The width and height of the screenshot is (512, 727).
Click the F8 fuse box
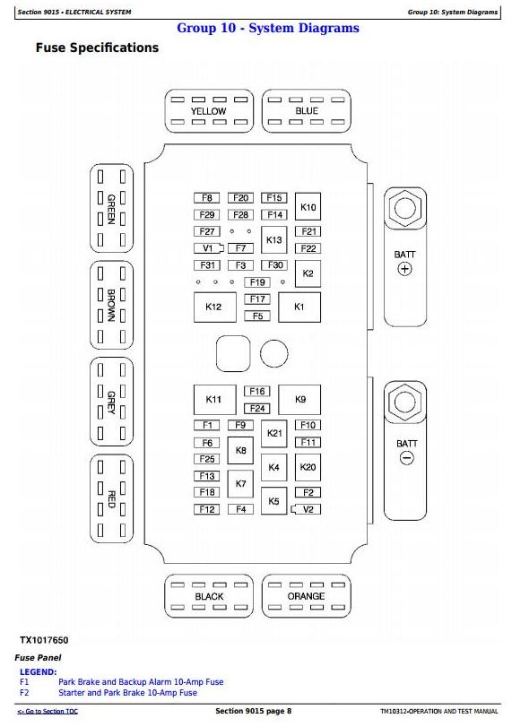click(x=206, y=198)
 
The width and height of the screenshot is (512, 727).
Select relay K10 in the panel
click(x=308, y=207)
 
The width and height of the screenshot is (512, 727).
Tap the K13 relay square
click(x=274, y=239)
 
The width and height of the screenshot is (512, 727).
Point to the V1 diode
click(x=208, y=248)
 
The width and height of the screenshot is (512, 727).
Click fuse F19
click(x=257, y=281)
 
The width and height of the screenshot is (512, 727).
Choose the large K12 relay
click(x=214, y=307)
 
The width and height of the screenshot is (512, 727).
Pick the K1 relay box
click(x=299, y=307)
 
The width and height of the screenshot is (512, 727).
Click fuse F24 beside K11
click(x=257, y=409)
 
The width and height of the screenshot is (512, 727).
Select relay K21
click(x=274, y=434)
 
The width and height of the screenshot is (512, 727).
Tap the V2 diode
click(x=306, y=509)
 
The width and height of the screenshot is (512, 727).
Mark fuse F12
click(x=206, y=509)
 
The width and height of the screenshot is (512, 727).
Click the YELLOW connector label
click(x=209, y=111)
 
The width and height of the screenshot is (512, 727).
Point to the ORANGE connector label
click(x=306, y=596)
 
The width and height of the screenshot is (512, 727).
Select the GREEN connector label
click(x=111, y=209)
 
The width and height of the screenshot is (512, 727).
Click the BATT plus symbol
click(x=405, y=269)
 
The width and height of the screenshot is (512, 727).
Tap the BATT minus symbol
click(x=406, y=458)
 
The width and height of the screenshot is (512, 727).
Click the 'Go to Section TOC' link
click(x=48, y=711)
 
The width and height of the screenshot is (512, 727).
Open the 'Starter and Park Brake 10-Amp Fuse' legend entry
click(x=127, y=693)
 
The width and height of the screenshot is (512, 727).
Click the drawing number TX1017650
click(x=44, y=640)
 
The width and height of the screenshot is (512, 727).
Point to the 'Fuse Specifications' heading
click(x=97, y=48)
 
